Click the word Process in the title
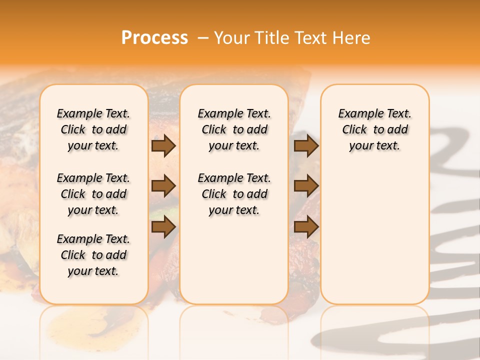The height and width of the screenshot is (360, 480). click(154, 38)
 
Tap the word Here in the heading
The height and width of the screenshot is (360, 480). click(352, 38)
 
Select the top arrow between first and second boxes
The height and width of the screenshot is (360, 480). click(163, 145)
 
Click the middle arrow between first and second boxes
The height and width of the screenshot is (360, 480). click(163, 186)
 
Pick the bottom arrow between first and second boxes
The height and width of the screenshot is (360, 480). click(163, 227)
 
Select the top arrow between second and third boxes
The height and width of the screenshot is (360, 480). click(306, 145)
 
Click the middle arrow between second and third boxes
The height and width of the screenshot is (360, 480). click(306, 186)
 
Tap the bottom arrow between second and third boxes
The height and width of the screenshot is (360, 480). click(306, 227)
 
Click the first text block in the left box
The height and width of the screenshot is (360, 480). click(93, 129)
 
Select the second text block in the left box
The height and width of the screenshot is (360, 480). click(93, 194)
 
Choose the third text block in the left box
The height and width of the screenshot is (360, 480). click(93, 255)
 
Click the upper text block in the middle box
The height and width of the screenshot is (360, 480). click(234, 129)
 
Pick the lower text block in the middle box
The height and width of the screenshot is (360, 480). click(234, 194)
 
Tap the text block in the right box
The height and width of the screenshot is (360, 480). click(375, 129)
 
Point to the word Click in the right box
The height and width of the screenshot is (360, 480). click(354, 130)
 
